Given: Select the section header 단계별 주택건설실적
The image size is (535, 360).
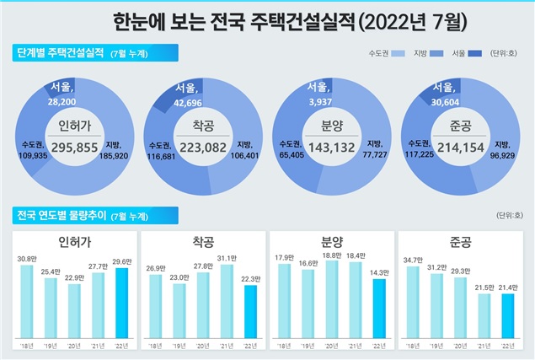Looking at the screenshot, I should pyautogui.click(x=59, y=54).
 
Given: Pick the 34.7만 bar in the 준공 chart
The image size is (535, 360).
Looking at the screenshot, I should pyautogui.click(x=413, y=302).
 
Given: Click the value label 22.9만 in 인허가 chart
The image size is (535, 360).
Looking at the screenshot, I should pyautogui.click(x=74, y=277).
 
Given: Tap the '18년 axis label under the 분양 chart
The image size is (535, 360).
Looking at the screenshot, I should pyautogui.click(x=284, y=346).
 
